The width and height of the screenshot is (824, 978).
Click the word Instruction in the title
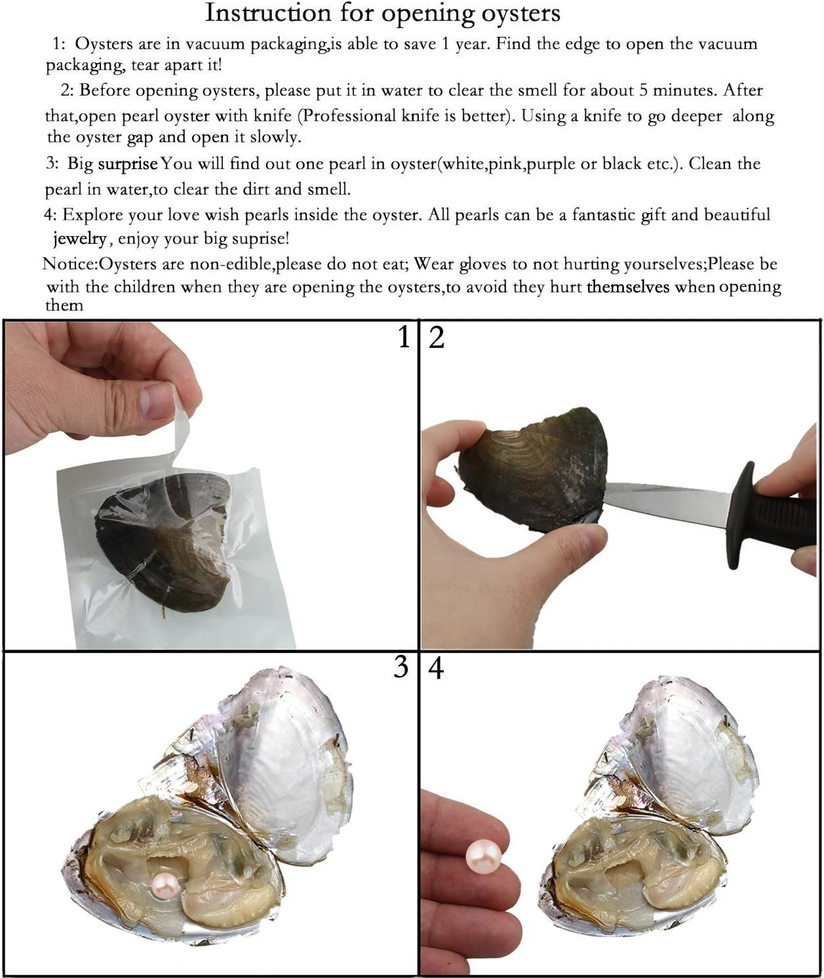[268, 12]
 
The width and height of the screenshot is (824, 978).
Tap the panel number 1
[404, 337]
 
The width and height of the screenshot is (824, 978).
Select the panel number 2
[437, 337]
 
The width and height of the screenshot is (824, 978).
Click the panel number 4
[436, 669]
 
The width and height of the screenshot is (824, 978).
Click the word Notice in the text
[69, 264]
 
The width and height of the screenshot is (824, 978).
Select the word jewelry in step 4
[80, 239]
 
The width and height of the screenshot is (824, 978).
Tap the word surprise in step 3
[127, 164]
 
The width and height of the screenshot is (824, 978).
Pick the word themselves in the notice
[628, 286]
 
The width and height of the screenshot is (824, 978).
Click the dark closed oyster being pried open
[532, 471]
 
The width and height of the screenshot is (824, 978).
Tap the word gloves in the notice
[482, 265]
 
